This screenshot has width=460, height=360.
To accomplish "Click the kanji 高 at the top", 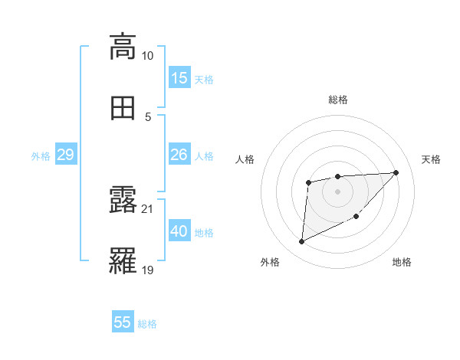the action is tap(123, 46).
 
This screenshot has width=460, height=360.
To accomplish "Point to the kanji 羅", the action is tap(123, 261).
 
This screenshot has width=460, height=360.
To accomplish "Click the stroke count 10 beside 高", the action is tap(148, 56).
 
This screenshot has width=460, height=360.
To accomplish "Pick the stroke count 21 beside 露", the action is tap(148, 209).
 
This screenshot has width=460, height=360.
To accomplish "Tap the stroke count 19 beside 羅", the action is tap(148, 270).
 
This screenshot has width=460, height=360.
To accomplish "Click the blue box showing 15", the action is tap(179, 78).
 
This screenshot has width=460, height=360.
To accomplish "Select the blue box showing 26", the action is tap(179, 155).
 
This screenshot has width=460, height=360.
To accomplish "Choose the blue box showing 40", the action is tap(179, 231).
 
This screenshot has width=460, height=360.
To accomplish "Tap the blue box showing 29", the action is tap(65, 155).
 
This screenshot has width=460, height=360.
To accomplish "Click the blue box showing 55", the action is tap(123, 322).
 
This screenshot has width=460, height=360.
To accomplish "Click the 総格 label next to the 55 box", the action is tap(148, 324).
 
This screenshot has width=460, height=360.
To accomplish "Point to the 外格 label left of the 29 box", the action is tap(41, 156).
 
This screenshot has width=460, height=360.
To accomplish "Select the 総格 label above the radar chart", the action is tap(338, 100).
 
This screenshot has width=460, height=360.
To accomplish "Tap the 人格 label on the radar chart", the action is tap(245, 159).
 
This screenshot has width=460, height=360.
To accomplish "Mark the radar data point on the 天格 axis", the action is tap(396, 172).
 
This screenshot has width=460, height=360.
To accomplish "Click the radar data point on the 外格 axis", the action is tap(301, 242).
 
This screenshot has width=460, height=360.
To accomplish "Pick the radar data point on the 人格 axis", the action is tap(308, 182).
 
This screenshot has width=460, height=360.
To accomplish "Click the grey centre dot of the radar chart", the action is tap(338, 191).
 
